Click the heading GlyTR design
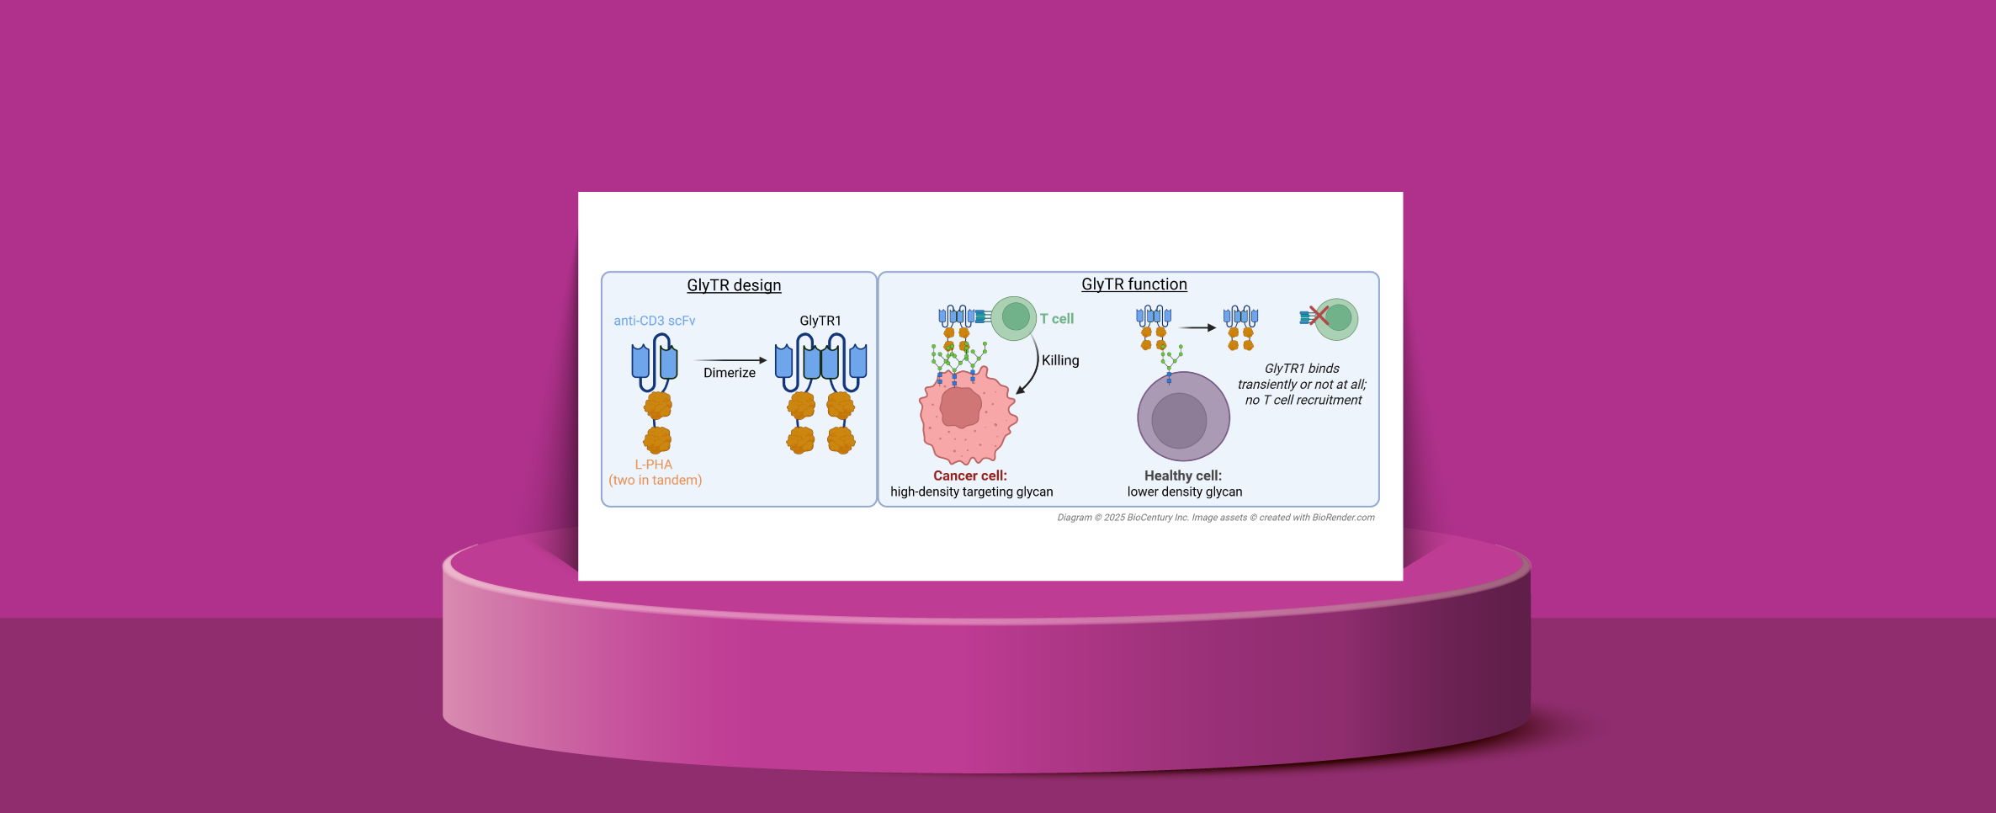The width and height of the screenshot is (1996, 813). click(734, 285)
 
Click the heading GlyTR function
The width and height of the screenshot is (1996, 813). click(1134, 284)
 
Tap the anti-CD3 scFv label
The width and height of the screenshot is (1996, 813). click(655, 321)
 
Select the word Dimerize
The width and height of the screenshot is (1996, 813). click(730, 373)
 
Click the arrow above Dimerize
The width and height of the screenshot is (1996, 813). click(730, 360)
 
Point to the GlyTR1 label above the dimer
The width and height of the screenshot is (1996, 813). click(820, 321)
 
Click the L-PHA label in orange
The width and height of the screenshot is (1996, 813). click(654, 465)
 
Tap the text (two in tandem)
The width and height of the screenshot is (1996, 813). click(656, 481)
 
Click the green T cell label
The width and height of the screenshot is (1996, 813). click(1057, 319)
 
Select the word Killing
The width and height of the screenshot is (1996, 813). click(1060, 360)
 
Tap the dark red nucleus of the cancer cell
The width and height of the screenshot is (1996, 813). click(960, 407)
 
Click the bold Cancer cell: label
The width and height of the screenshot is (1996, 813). click(970, 476)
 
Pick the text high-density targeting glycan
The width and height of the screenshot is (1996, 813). click(972, 492)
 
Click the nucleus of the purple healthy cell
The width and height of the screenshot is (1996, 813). click(1179, 421)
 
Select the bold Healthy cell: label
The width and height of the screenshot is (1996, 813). click(1183, 476)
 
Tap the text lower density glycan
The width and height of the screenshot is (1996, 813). click(1185, 492)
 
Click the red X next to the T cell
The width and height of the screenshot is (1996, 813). click(1319, 316)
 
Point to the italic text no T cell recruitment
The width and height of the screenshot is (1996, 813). click(1303, 400)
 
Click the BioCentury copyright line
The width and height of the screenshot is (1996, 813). click(1216, 518)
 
